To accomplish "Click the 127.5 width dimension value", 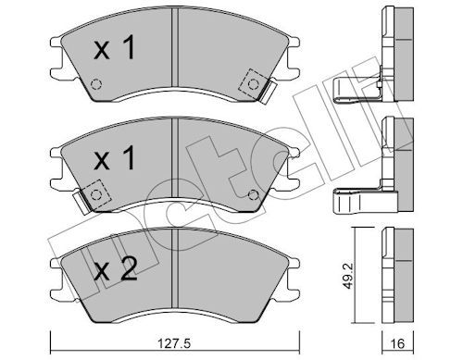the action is point(173,343).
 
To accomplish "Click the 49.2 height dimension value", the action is point(348,277).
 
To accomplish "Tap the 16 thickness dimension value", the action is point(398,343).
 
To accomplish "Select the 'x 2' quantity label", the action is point(116,269).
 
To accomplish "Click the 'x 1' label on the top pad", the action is point(115,47).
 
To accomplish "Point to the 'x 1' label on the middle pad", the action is point(115,158).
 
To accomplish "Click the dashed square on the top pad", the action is point(253,83).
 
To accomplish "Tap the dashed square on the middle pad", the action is point(95,194).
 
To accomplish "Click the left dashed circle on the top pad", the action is point(96,84).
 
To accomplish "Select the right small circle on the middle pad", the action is point(254,194).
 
